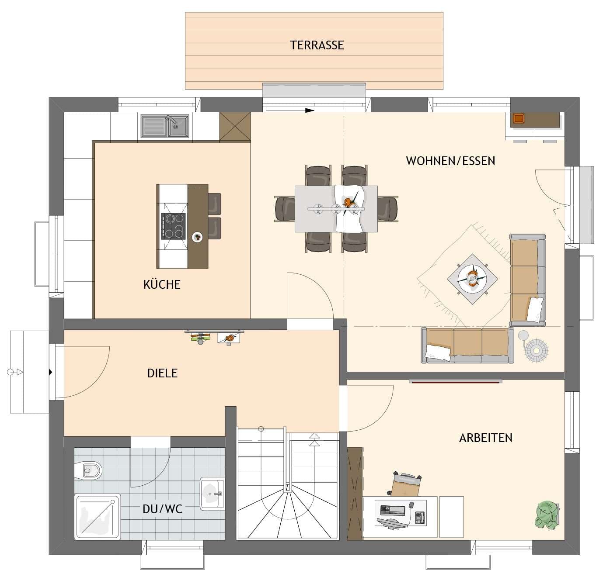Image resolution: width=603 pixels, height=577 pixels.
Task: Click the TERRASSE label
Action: click(317, 45)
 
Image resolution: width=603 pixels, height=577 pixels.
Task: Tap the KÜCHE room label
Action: click(162, 284)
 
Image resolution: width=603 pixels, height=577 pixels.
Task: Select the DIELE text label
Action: click(162, 373)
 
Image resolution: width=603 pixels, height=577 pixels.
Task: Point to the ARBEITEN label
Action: click(485, 438)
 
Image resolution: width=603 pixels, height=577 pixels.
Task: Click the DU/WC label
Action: click(162, 509)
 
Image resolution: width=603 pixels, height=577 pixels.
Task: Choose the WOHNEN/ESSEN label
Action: click(450, 161)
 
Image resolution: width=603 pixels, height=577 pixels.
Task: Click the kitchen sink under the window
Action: click(165, 126)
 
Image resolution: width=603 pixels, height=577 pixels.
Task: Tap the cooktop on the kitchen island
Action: click(173, 226)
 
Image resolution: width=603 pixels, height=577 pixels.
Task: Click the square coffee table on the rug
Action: click(472, 279)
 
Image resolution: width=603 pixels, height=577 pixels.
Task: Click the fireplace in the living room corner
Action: click(519, 118)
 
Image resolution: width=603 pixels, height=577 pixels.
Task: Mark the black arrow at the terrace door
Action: click(310, 111)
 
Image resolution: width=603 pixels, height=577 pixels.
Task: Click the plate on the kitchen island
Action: click(198, 237)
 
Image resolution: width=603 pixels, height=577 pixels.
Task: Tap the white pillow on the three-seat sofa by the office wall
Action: click(438, 352)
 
